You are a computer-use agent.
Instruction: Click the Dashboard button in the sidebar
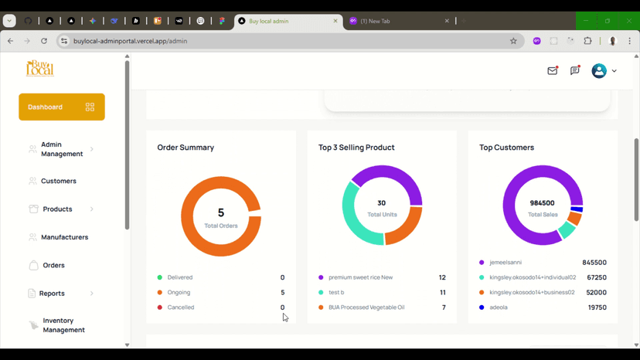point(61,107)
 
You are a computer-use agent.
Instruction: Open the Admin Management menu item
point(61,149)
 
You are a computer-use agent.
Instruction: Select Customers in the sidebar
point(58,181)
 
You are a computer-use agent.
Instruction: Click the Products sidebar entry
point(57,209)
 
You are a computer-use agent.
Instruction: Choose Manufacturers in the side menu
point(64,237)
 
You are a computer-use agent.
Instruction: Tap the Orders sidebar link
point(53,265)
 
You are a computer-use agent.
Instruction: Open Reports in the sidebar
point(52,294)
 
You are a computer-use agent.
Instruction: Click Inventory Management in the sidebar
point(63,325)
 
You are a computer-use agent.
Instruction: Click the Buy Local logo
point(40,69)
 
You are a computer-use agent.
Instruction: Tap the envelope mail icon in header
point(553,71)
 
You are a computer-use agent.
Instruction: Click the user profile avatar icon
point(599,71)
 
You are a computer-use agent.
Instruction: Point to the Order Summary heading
point(186,148)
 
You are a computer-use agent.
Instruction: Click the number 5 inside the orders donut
point(221,212)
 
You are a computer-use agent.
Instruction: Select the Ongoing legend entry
point(179,293)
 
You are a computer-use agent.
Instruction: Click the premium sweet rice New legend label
point(360,277)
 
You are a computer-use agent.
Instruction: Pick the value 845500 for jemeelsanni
point(594,263)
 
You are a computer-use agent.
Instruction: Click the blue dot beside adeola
point(482,307)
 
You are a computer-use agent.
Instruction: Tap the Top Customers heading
point(506,148)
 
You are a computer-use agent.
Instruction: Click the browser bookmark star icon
point(513,41)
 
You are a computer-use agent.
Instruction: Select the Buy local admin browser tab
point(285,21)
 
